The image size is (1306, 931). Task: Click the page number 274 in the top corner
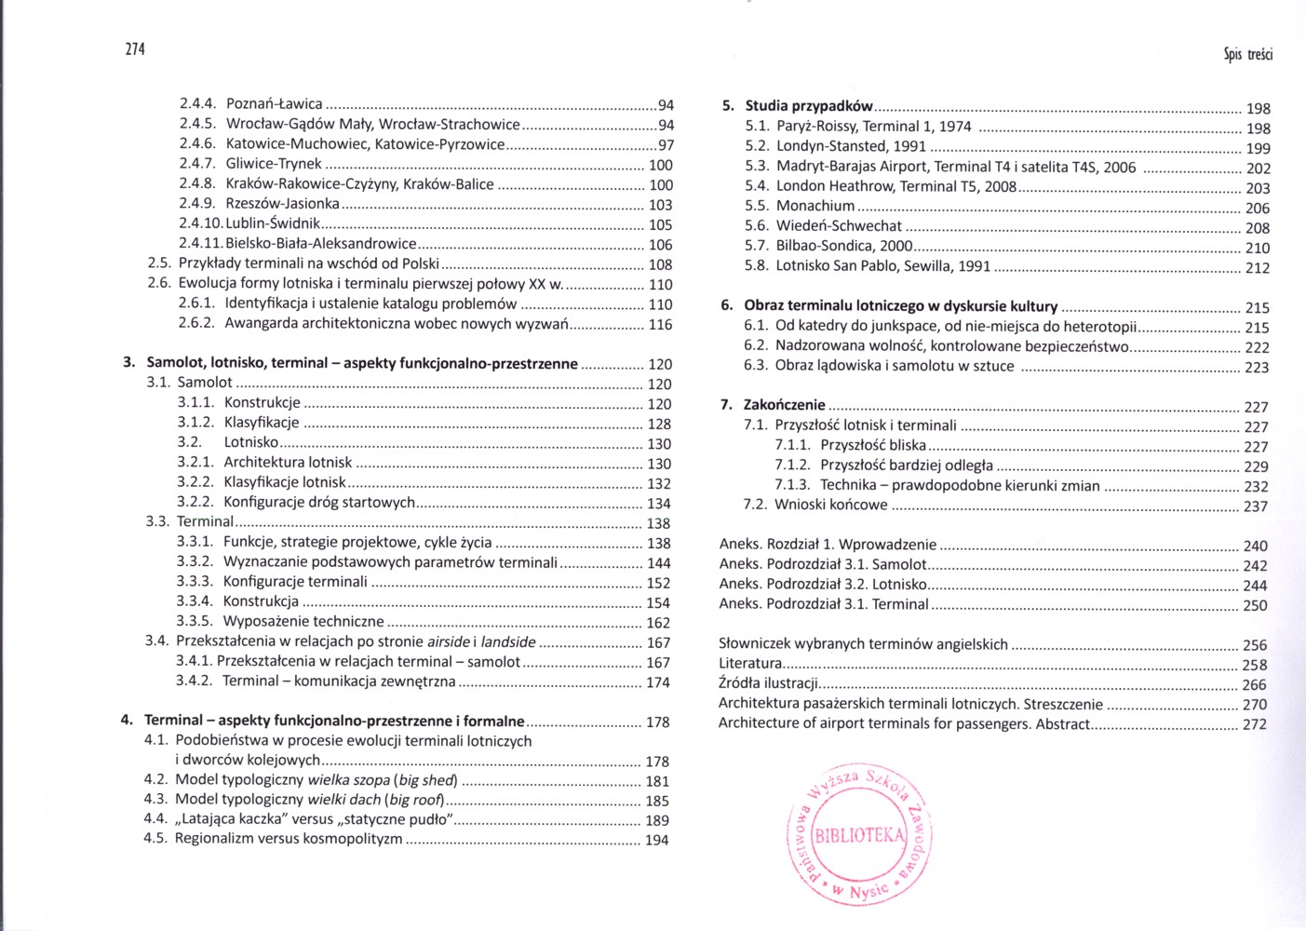tap(135, 49)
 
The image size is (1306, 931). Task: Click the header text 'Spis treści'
tap(1247, 54)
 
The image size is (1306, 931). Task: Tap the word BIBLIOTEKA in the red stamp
tap(859, 835)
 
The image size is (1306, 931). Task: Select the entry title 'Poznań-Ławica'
tap(275, 104)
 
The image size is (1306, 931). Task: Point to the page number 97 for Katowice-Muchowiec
tap(666, 145)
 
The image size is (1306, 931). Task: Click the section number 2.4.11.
tap(201, 244)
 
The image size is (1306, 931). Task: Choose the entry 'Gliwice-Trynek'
tap(274, 164)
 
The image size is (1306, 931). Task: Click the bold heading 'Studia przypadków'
tap(809, 106)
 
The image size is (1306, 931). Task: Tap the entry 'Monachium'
tap(815, 206)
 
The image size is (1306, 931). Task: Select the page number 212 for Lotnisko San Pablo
tap(1258, 268)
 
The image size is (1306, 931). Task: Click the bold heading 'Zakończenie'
tap(784, 405)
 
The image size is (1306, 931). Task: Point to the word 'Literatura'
tap(750, 664)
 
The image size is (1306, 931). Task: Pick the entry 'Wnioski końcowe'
tap(831, 505)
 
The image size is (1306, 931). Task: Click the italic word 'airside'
tap(449, 641)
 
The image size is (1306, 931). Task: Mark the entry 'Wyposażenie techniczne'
tap(303, 621)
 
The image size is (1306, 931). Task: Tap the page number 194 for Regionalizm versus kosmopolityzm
tap(657, 840)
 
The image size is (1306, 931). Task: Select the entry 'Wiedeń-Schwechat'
tap(839, 225)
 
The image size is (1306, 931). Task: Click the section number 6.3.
tap(755, 366)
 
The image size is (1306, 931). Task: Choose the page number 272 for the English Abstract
tap(1255, 724)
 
